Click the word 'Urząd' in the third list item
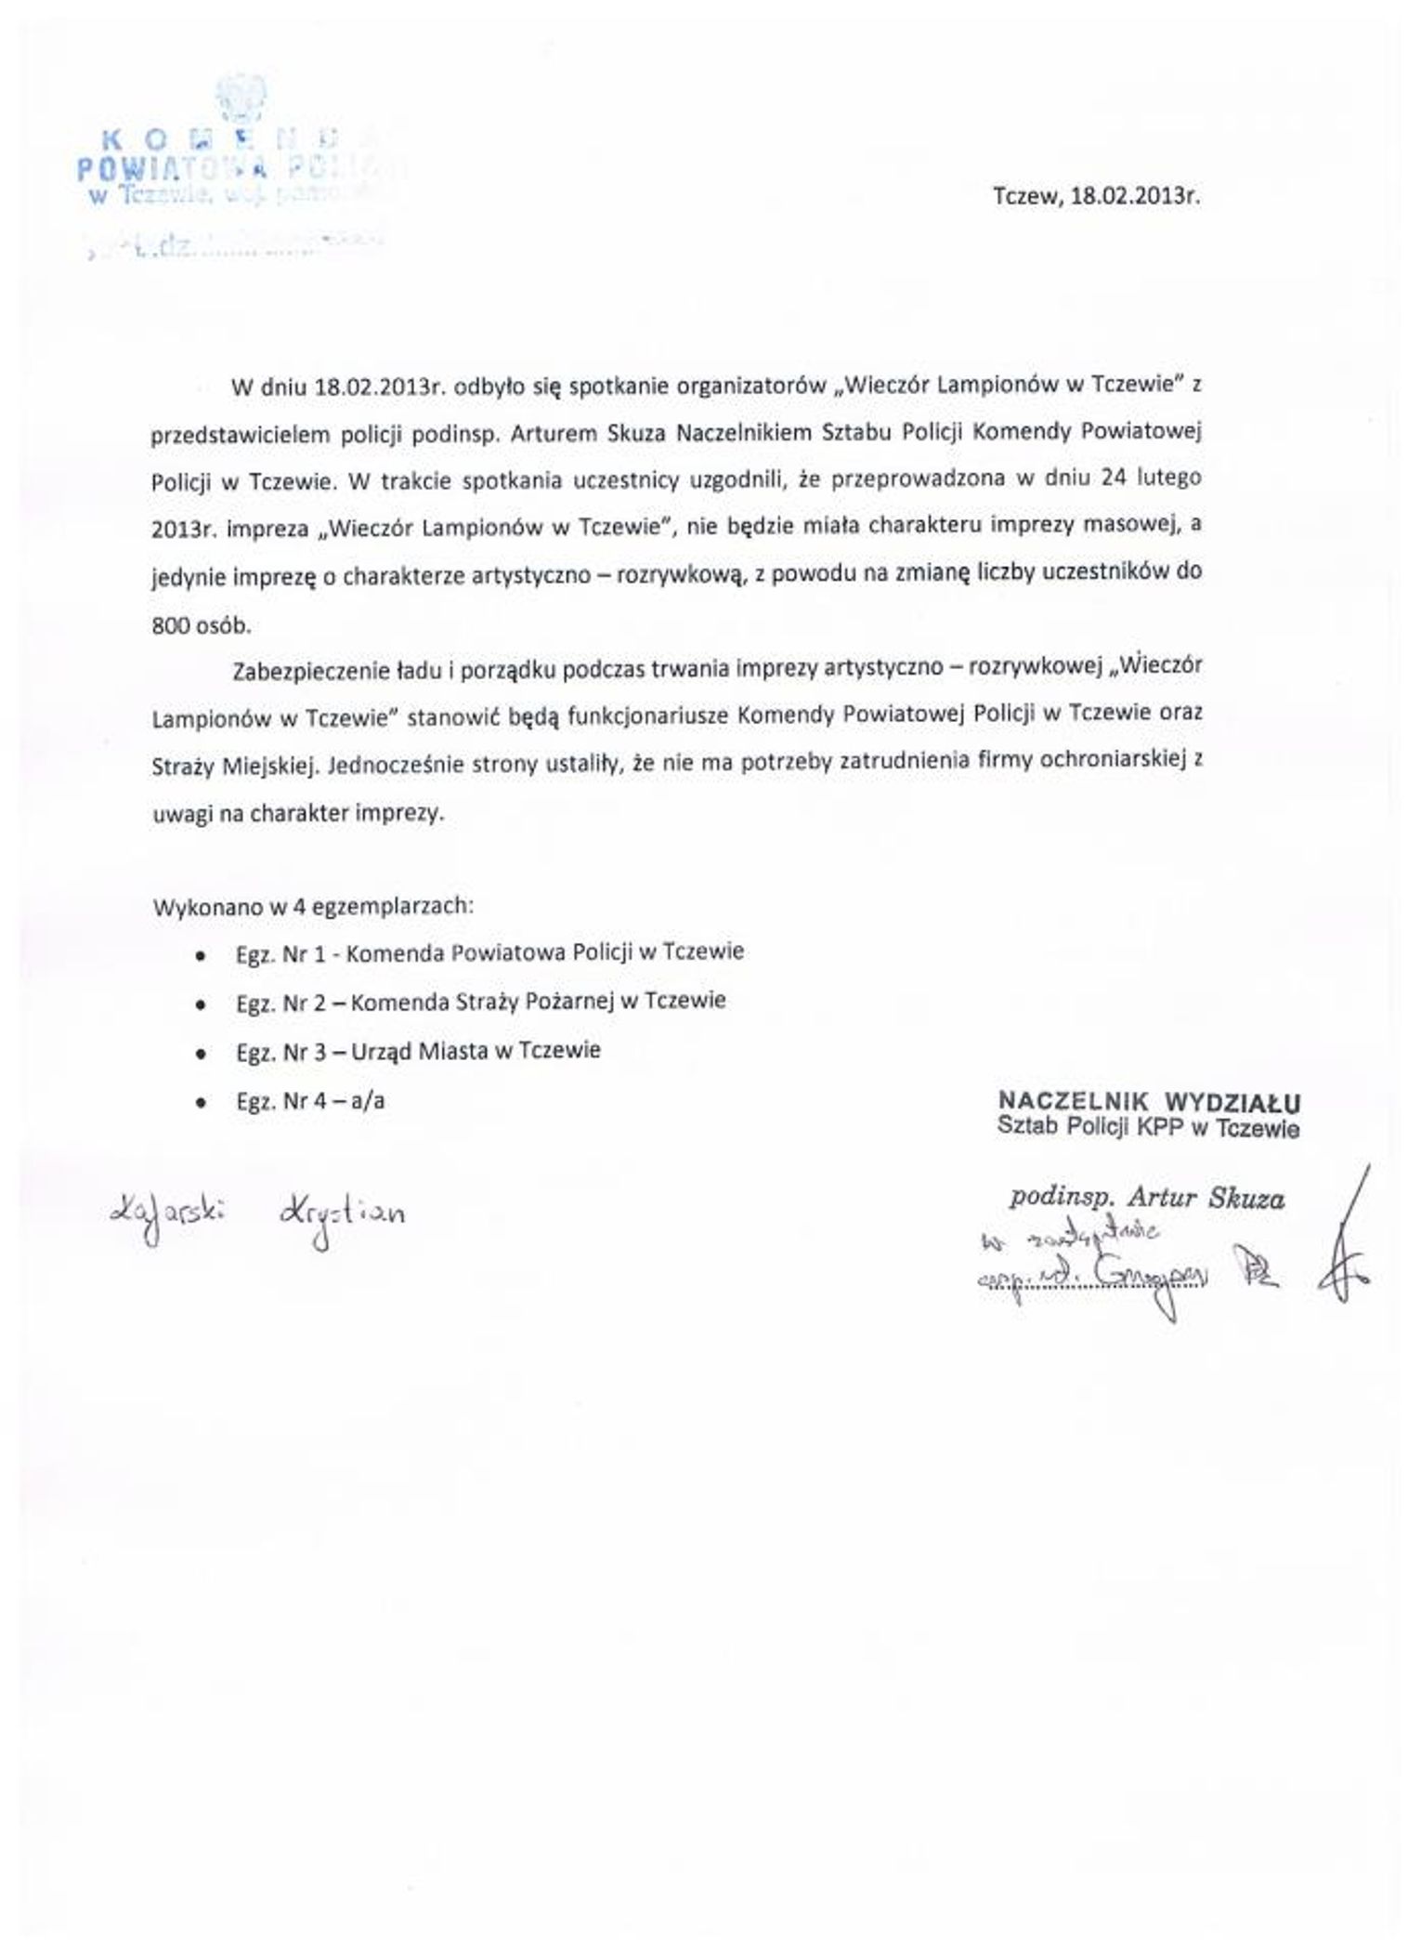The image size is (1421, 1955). (381, 1051)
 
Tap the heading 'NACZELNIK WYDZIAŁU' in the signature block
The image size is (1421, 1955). (1149, 1102)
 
